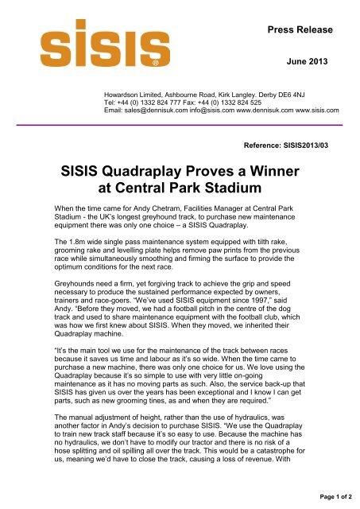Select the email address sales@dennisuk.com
[163, 111]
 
